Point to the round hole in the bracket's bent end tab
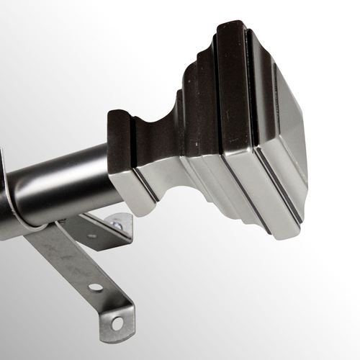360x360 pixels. (x=121, y=314)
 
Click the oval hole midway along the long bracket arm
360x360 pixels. (x=95, y=287)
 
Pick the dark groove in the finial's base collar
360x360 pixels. (x=144, y=184)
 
